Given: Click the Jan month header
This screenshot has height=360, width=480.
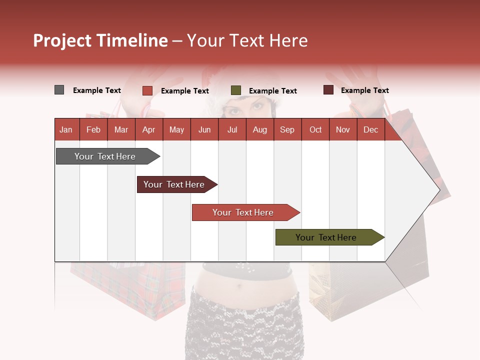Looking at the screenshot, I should pyautogui.click(x=66, y=129).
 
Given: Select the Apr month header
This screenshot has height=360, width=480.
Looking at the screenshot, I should pyautogui.click(x=148, y=129).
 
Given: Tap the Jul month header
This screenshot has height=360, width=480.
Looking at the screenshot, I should pyautogui.click(x=232, y=129).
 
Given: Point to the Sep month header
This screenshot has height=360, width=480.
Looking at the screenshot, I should pyautogui.click(x=287, y=129).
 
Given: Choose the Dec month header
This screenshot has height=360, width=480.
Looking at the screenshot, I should pyautogui.click(x=370, y=129).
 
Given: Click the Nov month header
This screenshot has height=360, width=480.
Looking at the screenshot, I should pyautogui.click(x=342, y=129).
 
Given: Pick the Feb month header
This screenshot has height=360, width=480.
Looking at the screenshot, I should pyautogui.click(x=93, y=129).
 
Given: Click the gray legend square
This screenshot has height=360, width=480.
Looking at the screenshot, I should pyautogui.click(x=59, y=90).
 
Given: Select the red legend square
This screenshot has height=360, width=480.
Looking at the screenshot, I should pyautogui.click(x=147, y=90).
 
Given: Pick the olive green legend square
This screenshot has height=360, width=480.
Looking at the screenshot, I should pyautogui.click(x=236, y=90).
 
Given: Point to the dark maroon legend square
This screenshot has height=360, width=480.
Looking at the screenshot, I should pyautogui.click(x=328, y=90).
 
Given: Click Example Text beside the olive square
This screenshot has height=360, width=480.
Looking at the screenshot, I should pyautogui.click(x=272, y=90).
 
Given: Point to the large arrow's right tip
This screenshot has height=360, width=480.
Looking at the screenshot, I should pyautogui.click(x=439, y=189).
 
